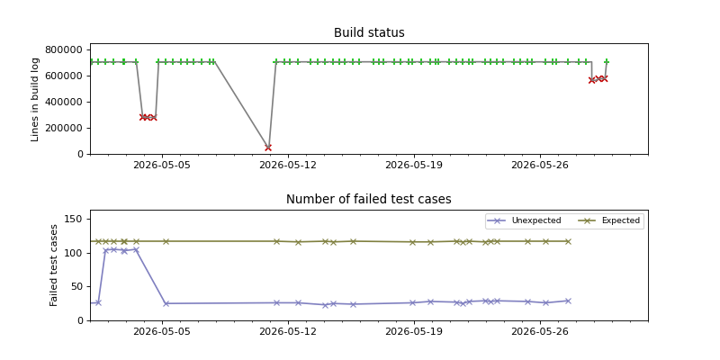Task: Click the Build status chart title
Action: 369,33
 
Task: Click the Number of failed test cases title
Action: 369,199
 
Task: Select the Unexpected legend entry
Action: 524,220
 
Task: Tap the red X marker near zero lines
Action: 268,148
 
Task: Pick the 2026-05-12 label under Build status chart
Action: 288,165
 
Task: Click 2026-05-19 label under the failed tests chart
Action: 414,331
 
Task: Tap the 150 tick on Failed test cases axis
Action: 76,220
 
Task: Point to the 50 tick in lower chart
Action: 79,287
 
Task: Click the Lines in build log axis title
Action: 35,99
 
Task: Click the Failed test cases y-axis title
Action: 53,265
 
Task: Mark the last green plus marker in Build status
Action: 607,61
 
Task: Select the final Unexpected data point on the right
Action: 568,301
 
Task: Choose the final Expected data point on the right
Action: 568,241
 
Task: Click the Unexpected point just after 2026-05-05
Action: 166,303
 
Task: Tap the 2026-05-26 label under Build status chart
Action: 540,165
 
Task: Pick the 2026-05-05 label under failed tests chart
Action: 163,331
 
